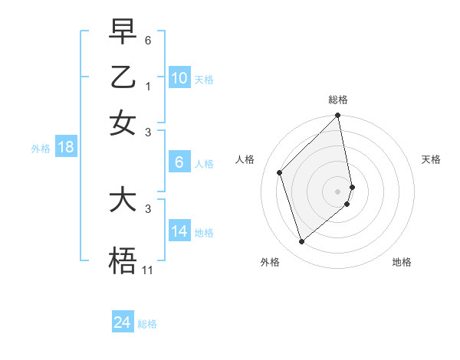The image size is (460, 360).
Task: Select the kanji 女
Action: pos(123,122)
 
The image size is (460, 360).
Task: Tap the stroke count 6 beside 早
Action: pos(148,39)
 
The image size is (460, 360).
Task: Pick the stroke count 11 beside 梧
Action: pos(148,270)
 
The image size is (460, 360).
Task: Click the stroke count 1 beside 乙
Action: pos(148,87)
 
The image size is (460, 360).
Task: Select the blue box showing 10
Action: pos(179,78)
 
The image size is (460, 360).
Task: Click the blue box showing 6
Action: pos(179,162)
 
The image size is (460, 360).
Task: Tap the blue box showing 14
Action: pos(179,231)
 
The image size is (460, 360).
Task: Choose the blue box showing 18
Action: pos(66,148)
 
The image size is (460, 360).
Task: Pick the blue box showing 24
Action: pos(123,323)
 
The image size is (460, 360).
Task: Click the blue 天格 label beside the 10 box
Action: pos(204,80)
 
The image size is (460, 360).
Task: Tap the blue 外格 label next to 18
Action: pos(41,149)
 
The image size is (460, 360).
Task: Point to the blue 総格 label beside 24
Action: pos(147,324)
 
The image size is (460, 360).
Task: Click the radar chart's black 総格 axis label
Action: pos(338,100)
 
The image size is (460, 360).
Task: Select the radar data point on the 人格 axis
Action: pos(280,172)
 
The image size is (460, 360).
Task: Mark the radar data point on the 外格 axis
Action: pos(301,242)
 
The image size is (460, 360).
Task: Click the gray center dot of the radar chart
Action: pos(338,191)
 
